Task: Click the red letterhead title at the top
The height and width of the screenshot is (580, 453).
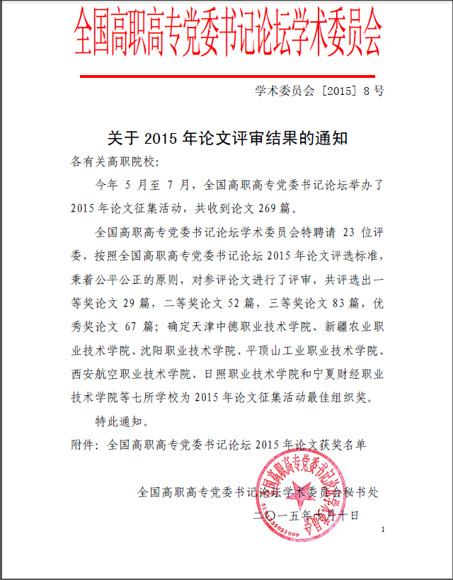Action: (229, 35)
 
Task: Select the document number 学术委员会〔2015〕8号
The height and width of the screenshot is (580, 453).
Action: (319, 91)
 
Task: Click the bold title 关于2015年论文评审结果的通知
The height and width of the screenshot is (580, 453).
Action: (226, 138)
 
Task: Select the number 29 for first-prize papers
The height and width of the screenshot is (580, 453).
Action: (128, 303)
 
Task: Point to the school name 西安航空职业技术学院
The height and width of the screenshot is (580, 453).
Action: (132, 374)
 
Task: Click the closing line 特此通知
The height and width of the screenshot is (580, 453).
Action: (122, 421)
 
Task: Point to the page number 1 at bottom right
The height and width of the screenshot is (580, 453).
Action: (383, 530)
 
